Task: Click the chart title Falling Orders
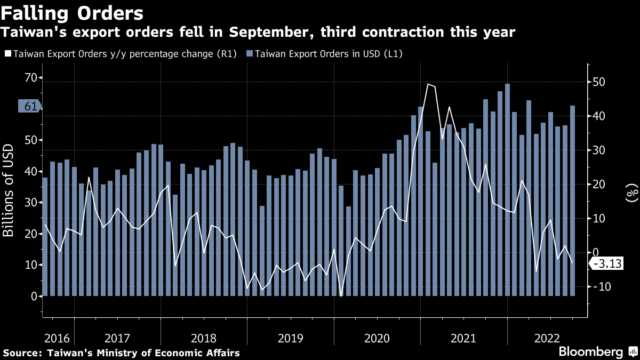point(73,13)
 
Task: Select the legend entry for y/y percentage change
point(120,54)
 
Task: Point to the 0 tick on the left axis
point(33,296)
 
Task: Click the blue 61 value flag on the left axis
point(30,106)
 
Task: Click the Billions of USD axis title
point(9,190)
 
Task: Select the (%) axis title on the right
point(632,191)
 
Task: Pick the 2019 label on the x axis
point(291,338)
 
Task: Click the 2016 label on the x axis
point(57,338)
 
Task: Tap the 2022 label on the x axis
point(547,338)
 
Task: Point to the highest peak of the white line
point(428,84)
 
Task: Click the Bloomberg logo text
point(590,351)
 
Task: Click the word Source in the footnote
point(21,353)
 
